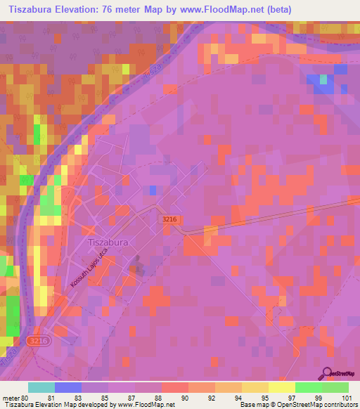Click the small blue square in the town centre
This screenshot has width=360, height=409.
point(153,190)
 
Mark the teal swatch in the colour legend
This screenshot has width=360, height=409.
point(41,387)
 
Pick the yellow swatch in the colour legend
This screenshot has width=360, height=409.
point(255,387)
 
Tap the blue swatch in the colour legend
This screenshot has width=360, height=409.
point(68,387)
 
